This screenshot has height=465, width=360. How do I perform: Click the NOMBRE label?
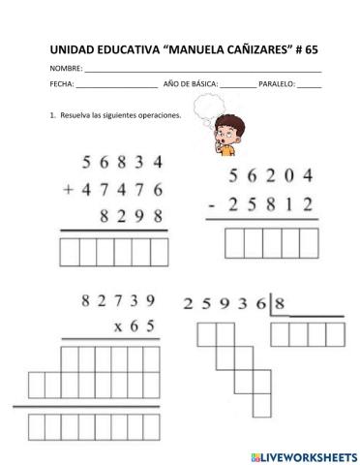[64, 71]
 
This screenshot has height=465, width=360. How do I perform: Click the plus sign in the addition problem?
[69, 192]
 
